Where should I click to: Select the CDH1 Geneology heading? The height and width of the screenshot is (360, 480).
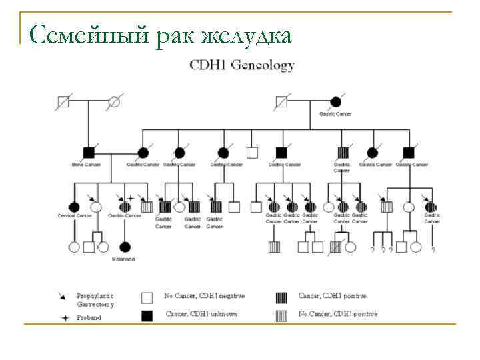pos(242,65)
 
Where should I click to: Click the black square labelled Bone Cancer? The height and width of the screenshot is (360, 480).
pos(88,153)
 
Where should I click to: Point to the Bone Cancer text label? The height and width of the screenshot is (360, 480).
pos(86,165)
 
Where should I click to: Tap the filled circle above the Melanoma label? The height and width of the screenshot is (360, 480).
pos(125,247)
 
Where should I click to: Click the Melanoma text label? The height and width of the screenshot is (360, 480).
pos(123,259)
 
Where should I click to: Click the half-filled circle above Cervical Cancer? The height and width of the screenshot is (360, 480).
pos(74,206)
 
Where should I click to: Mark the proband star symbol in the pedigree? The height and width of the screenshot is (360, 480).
pos(131,199)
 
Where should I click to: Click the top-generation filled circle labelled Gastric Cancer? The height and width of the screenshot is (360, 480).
pos(336,103)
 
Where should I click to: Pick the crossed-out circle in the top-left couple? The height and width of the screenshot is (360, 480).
pos(114,103)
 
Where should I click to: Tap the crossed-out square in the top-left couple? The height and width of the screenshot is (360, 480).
pos(63,103)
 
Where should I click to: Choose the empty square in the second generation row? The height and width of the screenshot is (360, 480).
pos(252,153)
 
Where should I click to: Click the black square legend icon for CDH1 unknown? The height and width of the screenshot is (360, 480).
pos(147,316)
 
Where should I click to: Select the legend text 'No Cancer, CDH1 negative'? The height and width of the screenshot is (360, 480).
pos(204,295)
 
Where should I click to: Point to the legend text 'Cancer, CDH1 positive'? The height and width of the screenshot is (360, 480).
pos(332,295)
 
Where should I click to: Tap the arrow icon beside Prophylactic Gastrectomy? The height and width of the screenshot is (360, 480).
pos(63,295)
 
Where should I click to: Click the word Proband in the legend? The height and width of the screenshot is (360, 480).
pos(89,317)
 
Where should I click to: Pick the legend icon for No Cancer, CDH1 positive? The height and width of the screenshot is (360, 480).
pos(281,316)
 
